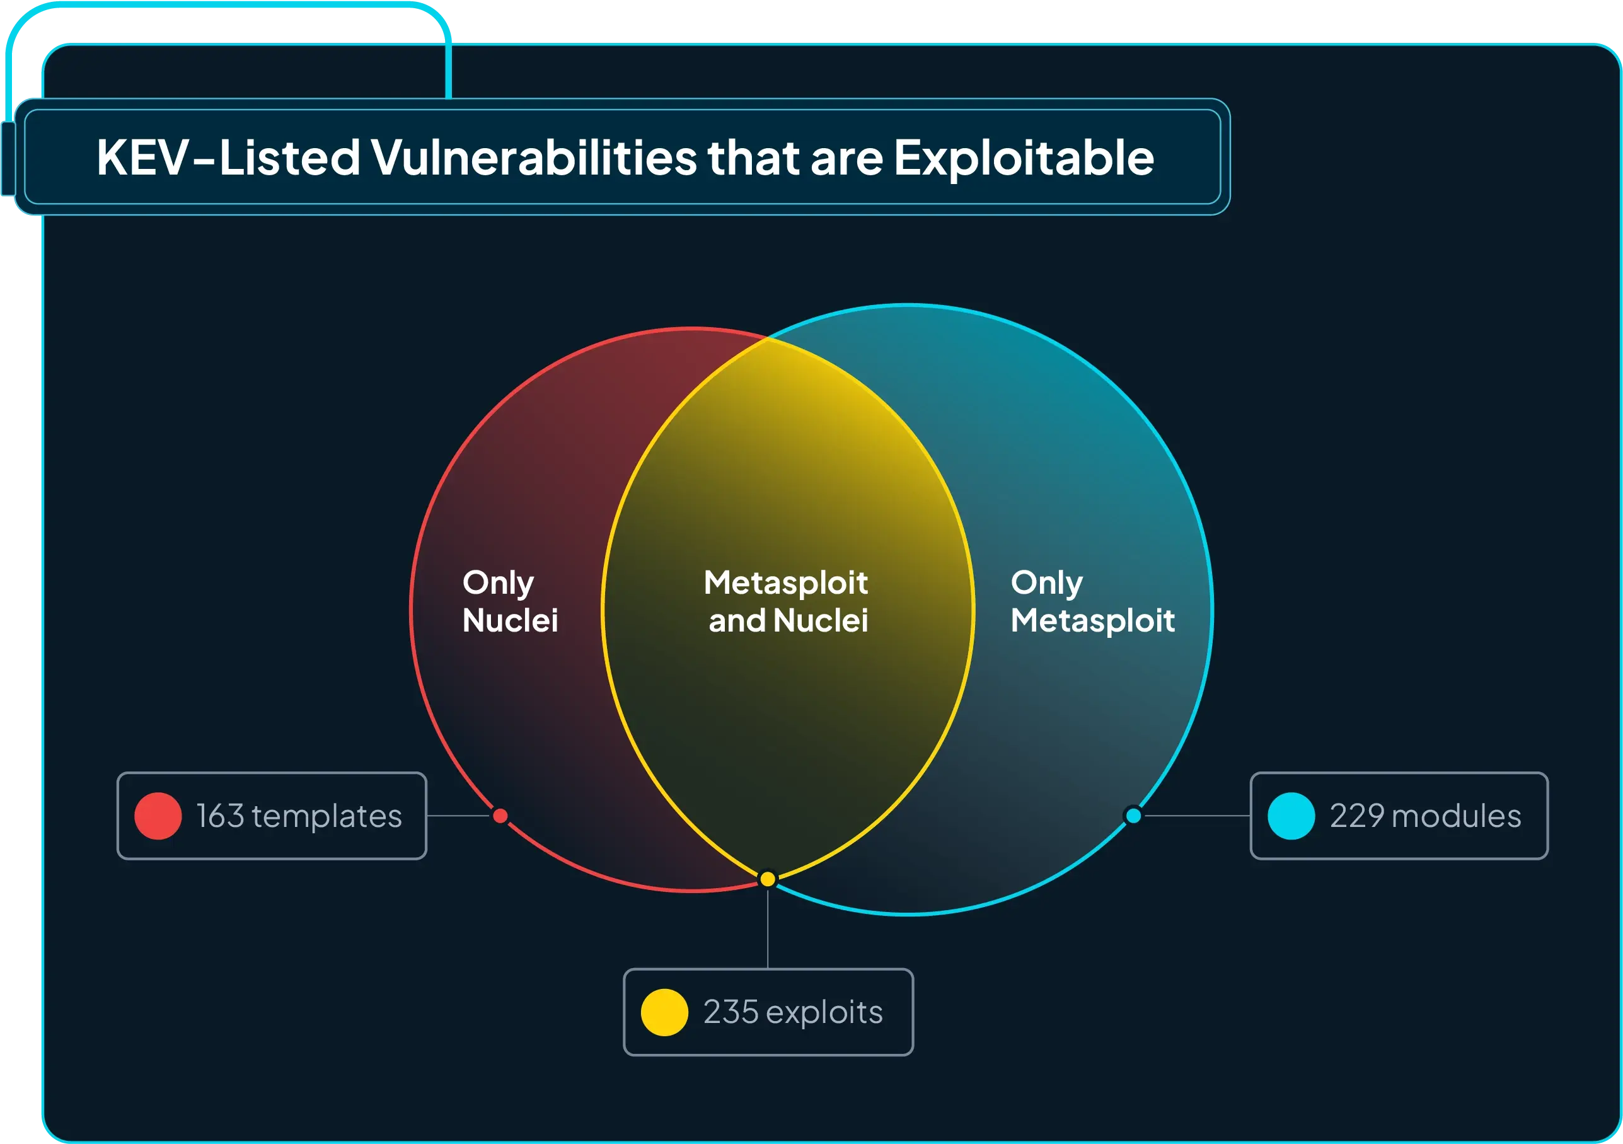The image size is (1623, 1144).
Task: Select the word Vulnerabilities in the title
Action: pos(534,157)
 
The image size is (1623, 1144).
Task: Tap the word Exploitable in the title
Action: pos(1024,157)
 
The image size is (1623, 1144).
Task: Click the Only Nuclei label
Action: pos(510,602)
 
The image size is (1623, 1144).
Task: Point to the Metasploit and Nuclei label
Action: pos(787,602)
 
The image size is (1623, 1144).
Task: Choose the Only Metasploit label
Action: pos(1092,602)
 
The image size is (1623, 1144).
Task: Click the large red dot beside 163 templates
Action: pos(158,816)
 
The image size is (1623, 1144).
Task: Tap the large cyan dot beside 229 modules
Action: pos(1291,816)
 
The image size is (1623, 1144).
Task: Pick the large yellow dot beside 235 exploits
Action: pos(664,1012)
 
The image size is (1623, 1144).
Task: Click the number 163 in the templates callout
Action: pos(220,816)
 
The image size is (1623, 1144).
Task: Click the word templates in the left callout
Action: pos(326,816)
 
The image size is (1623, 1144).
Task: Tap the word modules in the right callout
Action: pos(1456,816)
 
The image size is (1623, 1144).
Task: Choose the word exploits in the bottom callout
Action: pos(824,1012)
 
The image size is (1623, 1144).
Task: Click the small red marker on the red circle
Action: pos(500,816)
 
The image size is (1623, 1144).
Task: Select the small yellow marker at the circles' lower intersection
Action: pos(768,879)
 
